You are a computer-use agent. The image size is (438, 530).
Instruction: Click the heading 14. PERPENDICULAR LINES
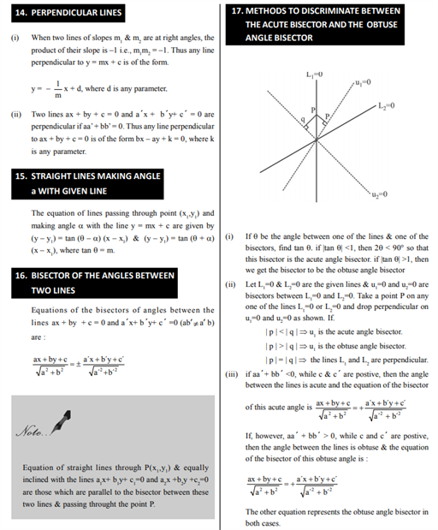pyautogui.click(x=68, y=13)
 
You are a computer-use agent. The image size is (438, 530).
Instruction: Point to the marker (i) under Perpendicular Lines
pyautogui.click(x=15, y=39)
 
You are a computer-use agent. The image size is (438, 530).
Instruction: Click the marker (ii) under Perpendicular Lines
pyautogui.click(x=15, y=114)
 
